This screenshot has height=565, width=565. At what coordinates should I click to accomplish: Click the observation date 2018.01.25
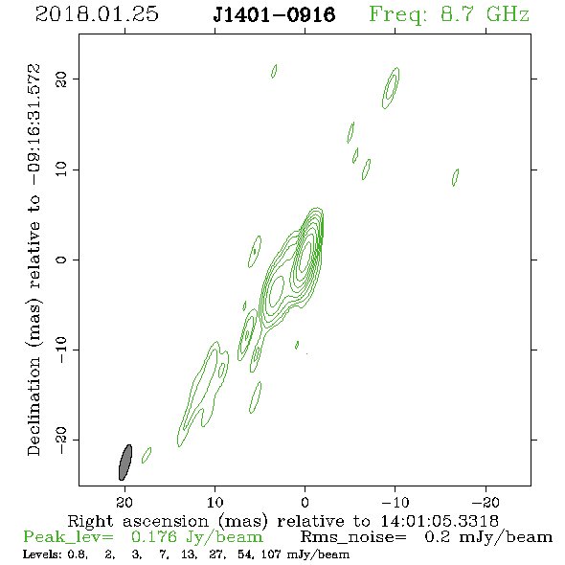point(97,14)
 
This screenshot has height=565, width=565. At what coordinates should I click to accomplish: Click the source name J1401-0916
point(274,15)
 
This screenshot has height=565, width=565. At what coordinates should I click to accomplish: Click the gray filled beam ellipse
point(125,463)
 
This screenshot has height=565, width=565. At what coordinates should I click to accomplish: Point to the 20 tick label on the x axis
point(124,502)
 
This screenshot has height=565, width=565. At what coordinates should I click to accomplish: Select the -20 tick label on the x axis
point(486,502)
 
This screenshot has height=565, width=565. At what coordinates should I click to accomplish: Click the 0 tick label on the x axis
point(305,502)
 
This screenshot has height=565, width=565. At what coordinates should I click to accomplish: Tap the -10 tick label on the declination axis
point(61,350)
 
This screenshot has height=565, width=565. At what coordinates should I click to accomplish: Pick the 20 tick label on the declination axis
point(61,79)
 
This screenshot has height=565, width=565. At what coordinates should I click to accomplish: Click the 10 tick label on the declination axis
point(61,169)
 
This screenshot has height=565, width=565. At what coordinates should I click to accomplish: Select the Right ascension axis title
point(282,521)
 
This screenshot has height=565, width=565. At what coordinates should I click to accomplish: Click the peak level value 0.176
point(154,537)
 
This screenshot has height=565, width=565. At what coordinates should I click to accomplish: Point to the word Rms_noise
point(353,537)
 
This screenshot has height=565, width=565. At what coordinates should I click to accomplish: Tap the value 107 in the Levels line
point(271,554)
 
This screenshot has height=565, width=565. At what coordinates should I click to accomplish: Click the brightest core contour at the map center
point(305,257)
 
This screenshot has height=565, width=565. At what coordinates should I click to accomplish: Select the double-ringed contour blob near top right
point(391,88)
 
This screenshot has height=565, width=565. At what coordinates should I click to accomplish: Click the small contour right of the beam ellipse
point(147,455)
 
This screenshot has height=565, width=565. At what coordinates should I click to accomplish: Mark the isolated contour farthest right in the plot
point(455,177)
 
